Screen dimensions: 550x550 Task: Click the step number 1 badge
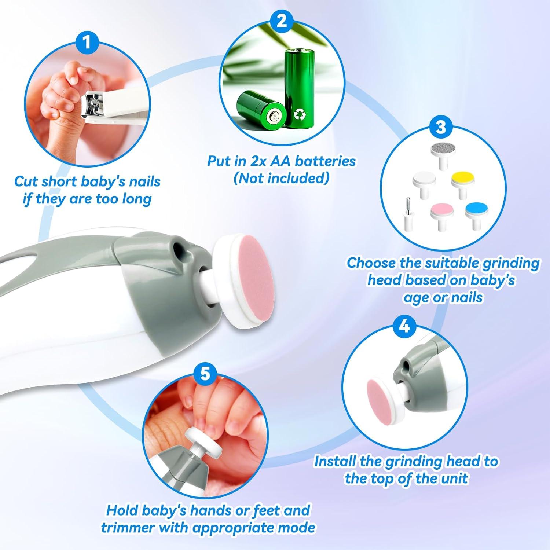coord(87,42)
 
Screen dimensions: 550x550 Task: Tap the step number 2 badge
coord(281,21)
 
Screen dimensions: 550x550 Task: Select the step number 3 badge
coord(440,127)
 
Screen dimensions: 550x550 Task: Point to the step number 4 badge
coord(404,325)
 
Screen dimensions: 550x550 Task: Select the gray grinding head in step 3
coord(443,150)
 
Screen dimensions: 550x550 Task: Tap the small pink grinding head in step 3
coord(442,212)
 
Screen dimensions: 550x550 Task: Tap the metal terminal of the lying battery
coord(273,117)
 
